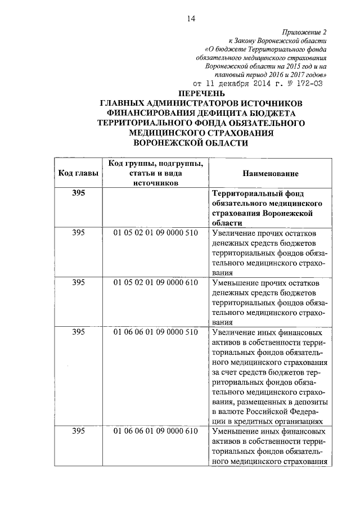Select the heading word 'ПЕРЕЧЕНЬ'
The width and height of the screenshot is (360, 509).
(x=201, y=93)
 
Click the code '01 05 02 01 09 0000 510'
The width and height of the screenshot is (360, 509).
(x=155, y=233)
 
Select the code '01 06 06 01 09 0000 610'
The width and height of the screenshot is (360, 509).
(x=155, y=431)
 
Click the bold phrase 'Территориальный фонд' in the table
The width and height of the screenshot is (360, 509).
(x=255, y=193)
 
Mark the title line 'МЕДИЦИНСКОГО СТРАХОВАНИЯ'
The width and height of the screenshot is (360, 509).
(x=201, y=133)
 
